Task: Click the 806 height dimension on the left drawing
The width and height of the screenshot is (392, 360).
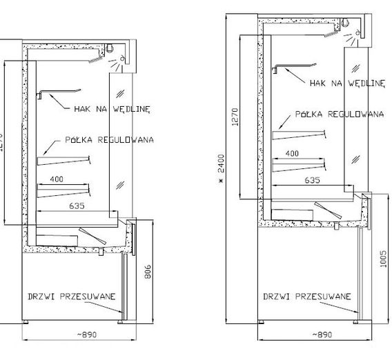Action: [148, 271]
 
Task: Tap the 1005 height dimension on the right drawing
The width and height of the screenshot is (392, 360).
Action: [383, 259]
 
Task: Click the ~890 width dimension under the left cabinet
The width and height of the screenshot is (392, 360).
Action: [86, 334]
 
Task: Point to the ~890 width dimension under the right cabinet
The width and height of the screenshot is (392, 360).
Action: [322, 334]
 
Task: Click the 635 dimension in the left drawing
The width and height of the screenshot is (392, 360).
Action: [77, 206]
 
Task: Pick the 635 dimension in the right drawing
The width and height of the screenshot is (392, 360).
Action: [312, 180]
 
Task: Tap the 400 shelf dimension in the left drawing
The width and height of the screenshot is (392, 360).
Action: [57, 179]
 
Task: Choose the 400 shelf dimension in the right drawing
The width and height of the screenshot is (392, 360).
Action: [292, 153]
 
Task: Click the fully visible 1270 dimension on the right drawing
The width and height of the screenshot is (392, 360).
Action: [235, 117]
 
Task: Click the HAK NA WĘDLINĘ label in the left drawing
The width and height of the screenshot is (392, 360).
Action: [112, 109]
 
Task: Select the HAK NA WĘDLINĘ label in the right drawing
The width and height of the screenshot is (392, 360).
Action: [347, 83]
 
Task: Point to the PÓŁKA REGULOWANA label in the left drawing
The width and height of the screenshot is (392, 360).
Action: [110, 139]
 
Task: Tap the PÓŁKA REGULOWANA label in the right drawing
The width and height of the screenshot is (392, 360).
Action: [340, 114]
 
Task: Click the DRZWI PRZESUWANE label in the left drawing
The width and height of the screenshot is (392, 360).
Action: [72, 297]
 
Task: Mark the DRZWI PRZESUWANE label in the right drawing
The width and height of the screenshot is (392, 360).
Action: [307, 297]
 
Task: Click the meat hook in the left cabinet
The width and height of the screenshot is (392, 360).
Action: [59, 92]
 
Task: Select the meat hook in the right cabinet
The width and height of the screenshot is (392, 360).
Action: [294, 66]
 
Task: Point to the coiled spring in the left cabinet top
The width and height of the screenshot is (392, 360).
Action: [96, 59]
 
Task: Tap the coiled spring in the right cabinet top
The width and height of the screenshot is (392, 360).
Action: [331, 34]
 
